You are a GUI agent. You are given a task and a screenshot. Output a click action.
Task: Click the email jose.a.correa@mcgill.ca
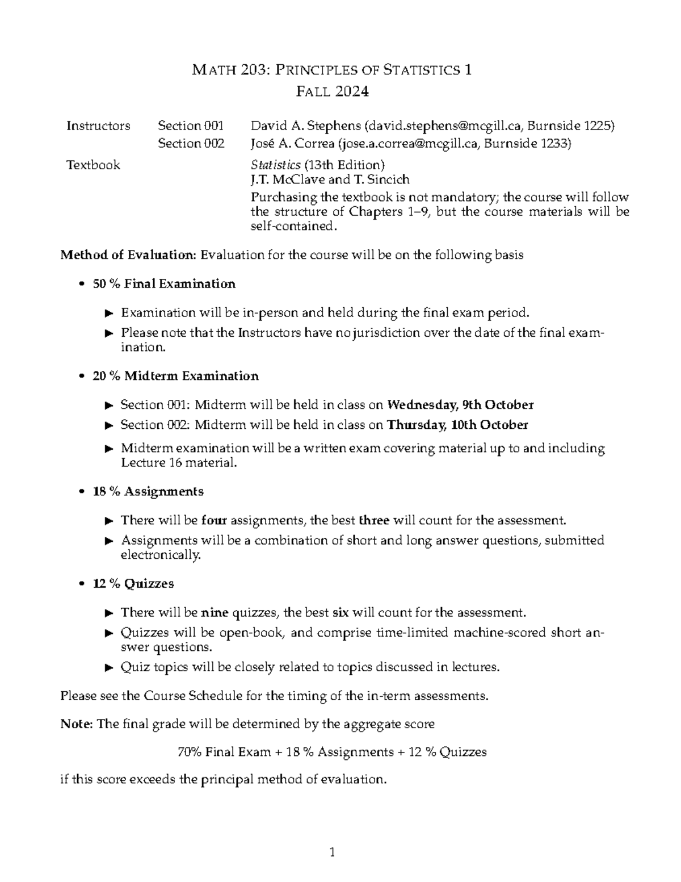pos(408,144)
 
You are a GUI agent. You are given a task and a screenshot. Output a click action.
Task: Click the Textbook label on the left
pos(93,165)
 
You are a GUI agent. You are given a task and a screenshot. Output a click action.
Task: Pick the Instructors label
pos(98,126)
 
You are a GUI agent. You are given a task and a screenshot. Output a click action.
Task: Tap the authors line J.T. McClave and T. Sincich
pos(330,180)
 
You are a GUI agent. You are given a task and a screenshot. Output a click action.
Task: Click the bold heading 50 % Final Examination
pos(163,283)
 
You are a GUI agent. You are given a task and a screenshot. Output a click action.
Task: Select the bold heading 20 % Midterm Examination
pos(175,376)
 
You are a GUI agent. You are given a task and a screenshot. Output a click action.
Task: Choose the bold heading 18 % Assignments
pos(148,491)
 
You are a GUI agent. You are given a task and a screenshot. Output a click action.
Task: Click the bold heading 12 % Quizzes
pos(133,584)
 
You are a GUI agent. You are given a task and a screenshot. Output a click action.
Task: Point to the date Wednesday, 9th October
pos(460,405)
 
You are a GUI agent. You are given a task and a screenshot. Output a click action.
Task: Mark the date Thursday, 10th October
pos(457,425)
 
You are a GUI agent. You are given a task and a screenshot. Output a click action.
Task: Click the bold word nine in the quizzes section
pos(215,613)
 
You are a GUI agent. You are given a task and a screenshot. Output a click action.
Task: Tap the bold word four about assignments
pos(215,520)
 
